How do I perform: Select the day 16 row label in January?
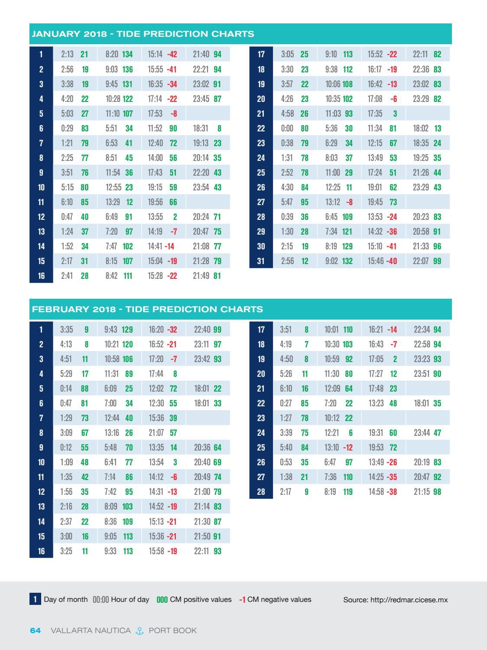click(x=41, y=275)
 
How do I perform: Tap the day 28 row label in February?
click(x=261, y=492)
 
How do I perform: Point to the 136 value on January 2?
click(x=127, y=69)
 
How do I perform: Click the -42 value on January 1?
click(x=172, y=55)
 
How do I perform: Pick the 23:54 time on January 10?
click(x=201, y=187)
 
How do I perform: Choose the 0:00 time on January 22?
click(x=287, y=128)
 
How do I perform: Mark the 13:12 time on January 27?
click(x=333, y=202)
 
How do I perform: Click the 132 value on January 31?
click(x=347, y=261)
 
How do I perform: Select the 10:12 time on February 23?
click(x=332, y=418)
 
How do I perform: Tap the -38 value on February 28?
click(x=392, y=492)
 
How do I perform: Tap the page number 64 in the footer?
click(x=36, y=630)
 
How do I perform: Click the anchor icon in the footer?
click(x=140, y=631)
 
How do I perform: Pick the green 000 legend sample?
click(x=162, y=600)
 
